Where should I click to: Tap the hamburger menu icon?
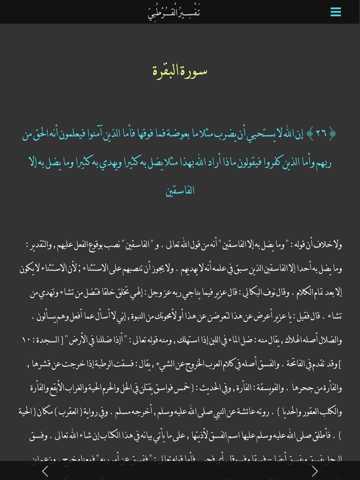point(336,12)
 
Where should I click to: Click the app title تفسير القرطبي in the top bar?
point(175,12)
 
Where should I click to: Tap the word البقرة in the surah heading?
point(165,70)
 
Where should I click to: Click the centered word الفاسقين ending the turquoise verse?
point(180,189)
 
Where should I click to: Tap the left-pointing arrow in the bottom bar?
point(45,470)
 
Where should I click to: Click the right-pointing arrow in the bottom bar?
point(315,470)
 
